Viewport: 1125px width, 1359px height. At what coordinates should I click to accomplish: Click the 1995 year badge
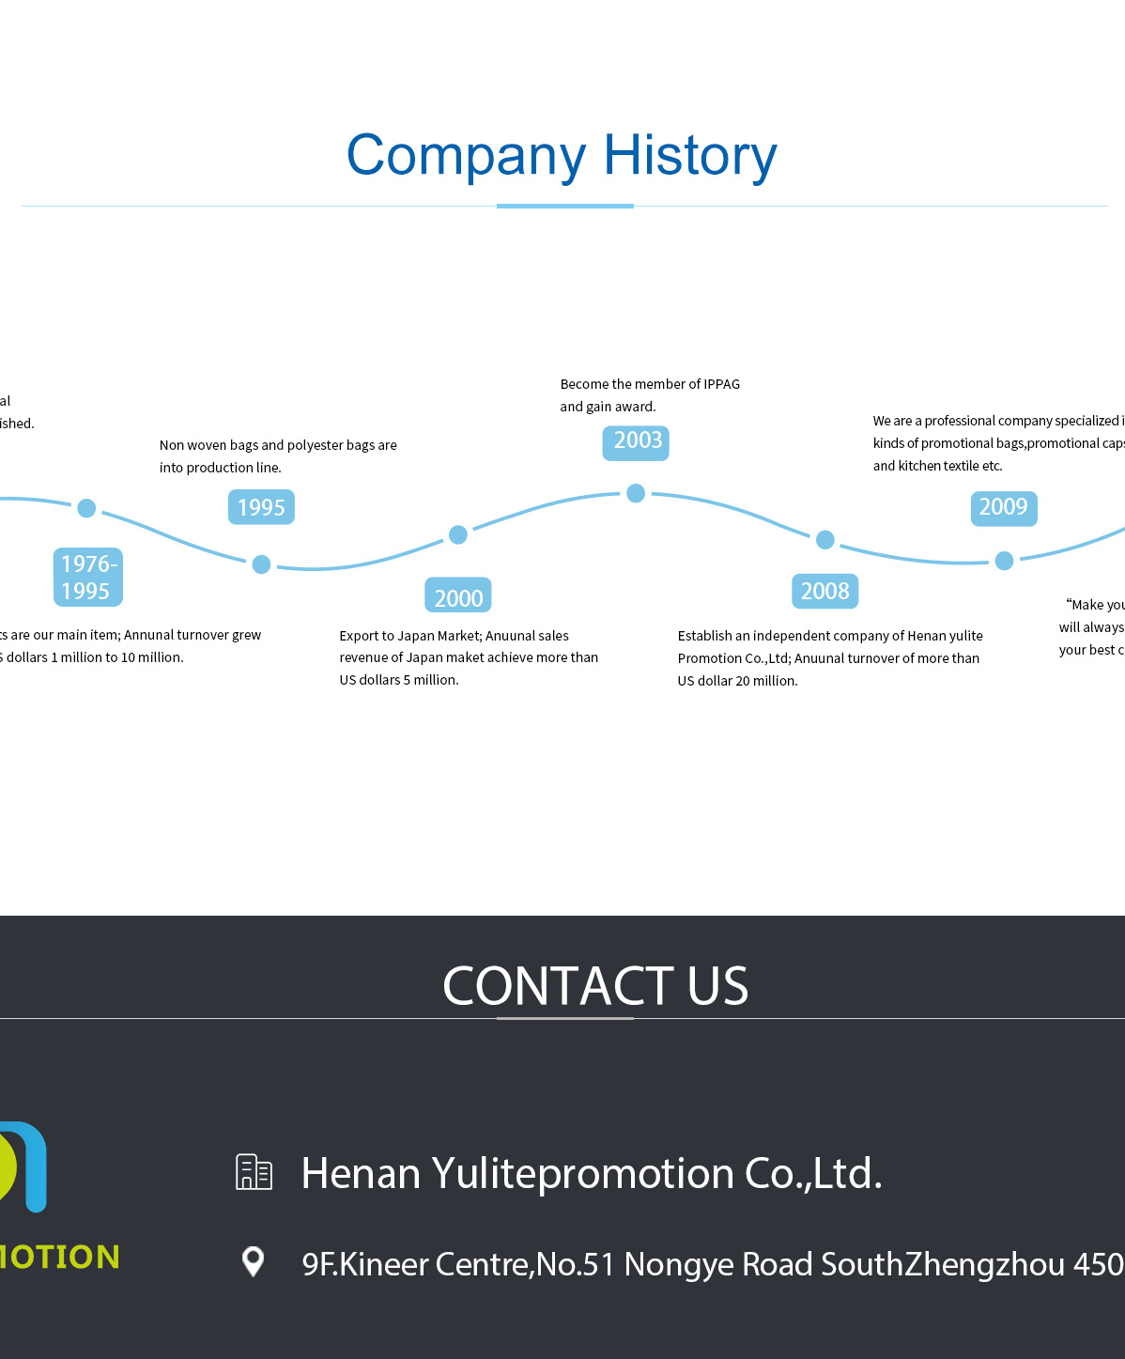click(261, 507)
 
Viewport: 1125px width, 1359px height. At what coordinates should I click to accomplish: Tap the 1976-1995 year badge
click(87, 577)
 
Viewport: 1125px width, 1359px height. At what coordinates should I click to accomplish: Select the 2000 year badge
click(458, 596)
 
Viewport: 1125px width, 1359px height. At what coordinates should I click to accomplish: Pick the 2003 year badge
click(637, 441)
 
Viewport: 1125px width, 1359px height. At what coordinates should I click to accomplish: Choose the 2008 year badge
click(824, 591)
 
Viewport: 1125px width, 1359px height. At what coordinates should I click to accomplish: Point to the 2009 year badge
click(1003, 507)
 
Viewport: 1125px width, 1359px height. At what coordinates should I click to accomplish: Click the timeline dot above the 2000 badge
click(458, 534)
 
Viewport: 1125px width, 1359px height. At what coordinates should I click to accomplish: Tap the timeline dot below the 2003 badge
click(636, 493)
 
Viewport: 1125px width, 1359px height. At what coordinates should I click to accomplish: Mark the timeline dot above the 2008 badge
click(825, 539)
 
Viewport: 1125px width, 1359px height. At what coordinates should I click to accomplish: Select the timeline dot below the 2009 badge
click(1004, 561)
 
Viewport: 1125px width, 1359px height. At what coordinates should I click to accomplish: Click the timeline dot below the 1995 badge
click(262, 564)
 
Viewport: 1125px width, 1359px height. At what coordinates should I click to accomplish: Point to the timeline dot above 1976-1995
click(86, 508)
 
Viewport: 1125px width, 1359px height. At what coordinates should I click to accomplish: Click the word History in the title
click(690, 156)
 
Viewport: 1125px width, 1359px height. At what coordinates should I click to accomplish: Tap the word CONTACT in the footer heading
click(558, 986)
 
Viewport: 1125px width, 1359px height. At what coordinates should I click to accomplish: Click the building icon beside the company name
click(254, 1172)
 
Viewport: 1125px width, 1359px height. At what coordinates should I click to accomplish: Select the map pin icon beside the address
click(253, 1261)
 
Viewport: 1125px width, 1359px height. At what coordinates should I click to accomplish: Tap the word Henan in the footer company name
click(361, 1174)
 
